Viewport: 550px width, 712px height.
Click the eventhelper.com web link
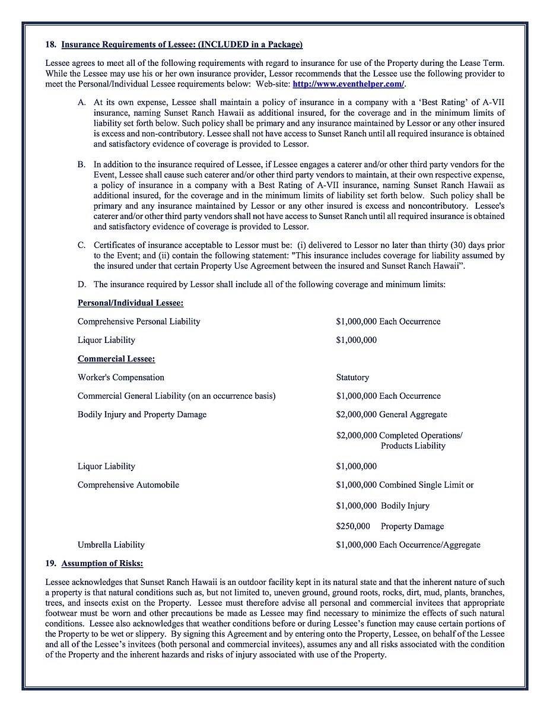[348, 84]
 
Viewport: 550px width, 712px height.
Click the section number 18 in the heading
[50, 44]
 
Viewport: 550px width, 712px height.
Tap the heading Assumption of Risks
[102, 563]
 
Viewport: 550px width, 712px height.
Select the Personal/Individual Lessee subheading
[131, 303]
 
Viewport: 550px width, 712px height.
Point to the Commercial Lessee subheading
[116, 358]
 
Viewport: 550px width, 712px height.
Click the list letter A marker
[81, 103]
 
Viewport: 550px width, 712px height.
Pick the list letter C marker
[81, 245]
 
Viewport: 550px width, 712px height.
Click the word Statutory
[352, 377]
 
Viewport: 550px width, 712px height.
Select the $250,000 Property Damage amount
[390, 526]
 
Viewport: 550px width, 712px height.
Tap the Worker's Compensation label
[121, 377]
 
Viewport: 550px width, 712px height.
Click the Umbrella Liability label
[111, 545]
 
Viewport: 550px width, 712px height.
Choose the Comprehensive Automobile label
[128, 485]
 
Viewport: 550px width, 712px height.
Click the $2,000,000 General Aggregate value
[392, 415]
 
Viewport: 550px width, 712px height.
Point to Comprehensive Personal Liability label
[139, 322]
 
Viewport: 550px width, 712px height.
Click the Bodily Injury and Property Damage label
[142, 415]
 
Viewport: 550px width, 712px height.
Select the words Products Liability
[413, 446]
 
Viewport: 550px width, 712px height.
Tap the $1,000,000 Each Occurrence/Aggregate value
[408, 545]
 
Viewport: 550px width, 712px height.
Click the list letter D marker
[81, 284]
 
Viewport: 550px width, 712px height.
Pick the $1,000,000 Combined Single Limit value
[405, 485]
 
